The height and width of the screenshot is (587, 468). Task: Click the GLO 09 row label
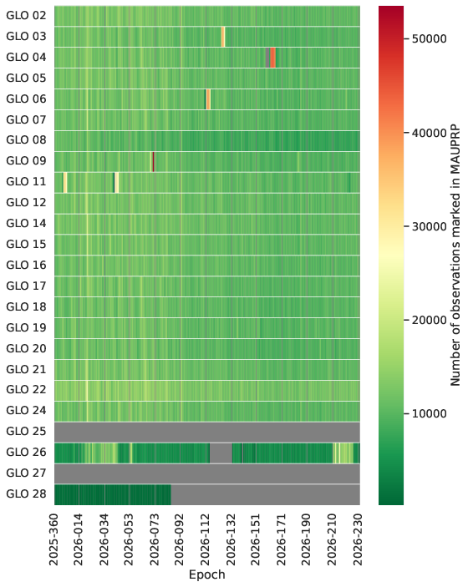(26, 160)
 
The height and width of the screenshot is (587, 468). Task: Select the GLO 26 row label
(26, 453)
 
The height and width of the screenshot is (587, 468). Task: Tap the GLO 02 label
(26, 15)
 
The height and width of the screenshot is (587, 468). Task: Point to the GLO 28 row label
(26, 493)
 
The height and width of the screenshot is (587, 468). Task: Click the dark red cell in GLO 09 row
(153, 162)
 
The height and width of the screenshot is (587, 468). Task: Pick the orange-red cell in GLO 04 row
(272, 58)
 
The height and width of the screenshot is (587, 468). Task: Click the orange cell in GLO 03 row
(223, 37)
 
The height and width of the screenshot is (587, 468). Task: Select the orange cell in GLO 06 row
(208, 99)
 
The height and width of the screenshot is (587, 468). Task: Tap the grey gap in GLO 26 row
(221, 453)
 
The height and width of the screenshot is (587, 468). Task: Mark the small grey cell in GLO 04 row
(268, 58)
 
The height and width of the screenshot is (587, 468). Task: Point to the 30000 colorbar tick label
(430, 226)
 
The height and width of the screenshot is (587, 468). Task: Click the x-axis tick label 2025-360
(54, 539)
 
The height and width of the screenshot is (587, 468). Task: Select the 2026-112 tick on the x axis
(206, 539)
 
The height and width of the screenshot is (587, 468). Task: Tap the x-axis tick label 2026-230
(359, 539)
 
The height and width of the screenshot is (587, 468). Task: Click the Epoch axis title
(206, 574)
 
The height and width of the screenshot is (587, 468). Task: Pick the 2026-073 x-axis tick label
(155, 539)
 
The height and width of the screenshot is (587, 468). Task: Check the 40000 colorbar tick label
(430, 133)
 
